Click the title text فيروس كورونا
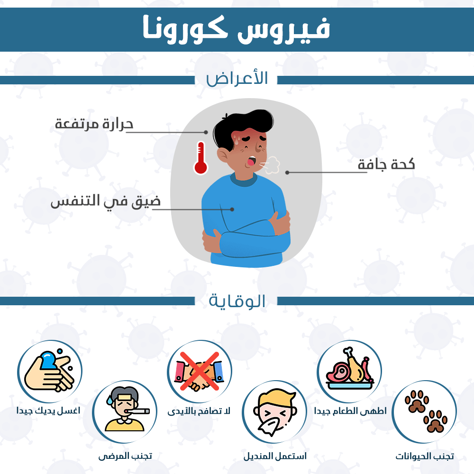coord(237,28)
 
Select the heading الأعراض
coord(237,78)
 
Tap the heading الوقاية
coord(237,301)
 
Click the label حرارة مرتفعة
coord(94,124)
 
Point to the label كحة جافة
coord(386,164)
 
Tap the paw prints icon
coord(424,411)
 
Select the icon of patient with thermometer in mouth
coord(124,411)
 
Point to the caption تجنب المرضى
coord(125,456)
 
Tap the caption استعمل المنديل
coord(275,456)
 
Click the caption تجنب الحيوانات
coord(425,456)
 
